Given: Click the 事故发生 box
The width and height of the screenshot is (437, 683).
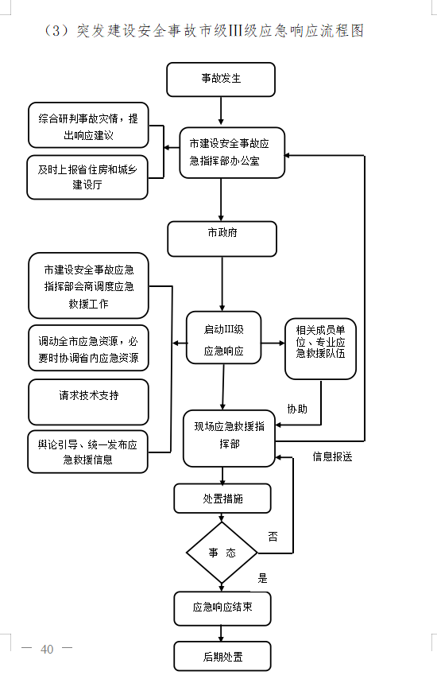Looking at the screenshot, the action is tap(221, 80).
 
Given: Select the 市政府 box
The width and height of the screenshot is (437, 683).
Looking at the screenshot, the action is tap(222, 239).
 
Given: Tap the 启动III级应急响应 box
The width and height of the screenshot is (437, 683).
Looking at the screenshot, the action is tap(223, 338).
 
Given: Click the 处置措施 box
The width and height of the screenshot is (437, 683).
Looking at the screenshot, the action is tap(222, 499).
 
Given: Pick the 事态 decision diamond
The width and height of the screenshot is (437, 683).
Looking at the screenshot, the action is tap(222, 553).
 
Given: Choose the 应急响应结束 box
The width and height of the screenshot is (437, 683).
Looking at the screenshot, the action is tap(222, 608).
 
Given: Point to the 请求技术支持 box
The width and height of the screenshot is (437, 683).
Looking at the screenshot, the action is tap(88, 402).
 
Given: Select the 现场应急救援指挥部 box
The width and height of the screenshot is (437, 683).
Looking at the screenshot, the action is tap(229, 438).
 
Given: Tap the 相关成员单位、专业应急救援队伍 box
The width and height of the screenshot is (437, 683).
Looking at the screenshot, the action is tap(320, 348).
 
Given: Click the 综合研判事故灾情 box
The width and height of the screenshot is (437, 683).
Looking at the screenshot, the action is tap(88, 126).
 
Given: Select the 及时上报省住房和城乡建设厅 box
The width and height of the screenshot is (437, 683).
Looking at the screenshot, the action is tap(87, 177).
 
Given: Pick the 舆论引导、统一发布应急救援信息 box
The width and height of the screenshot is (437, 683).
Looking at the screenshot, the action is tap(88, 452).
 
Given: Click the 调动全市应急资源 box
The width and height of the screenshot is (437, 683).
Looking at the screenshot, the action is tap(88, 348).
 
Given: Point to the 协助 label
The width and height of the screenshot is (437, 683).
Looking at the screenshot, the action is tap(297, 409).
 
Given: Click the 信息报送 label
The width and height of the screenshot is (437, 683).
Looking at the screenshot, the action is tap(332, 456).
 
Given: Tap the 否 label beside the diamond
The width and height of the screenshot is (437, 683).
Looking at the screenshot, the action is tap(273, 537).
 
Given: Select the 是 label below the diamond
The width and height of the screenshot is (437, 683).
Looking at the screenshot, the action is tap(262, 579).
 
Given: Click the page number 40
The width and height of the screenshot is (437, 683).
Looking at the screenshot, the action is tap(47, 649).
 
